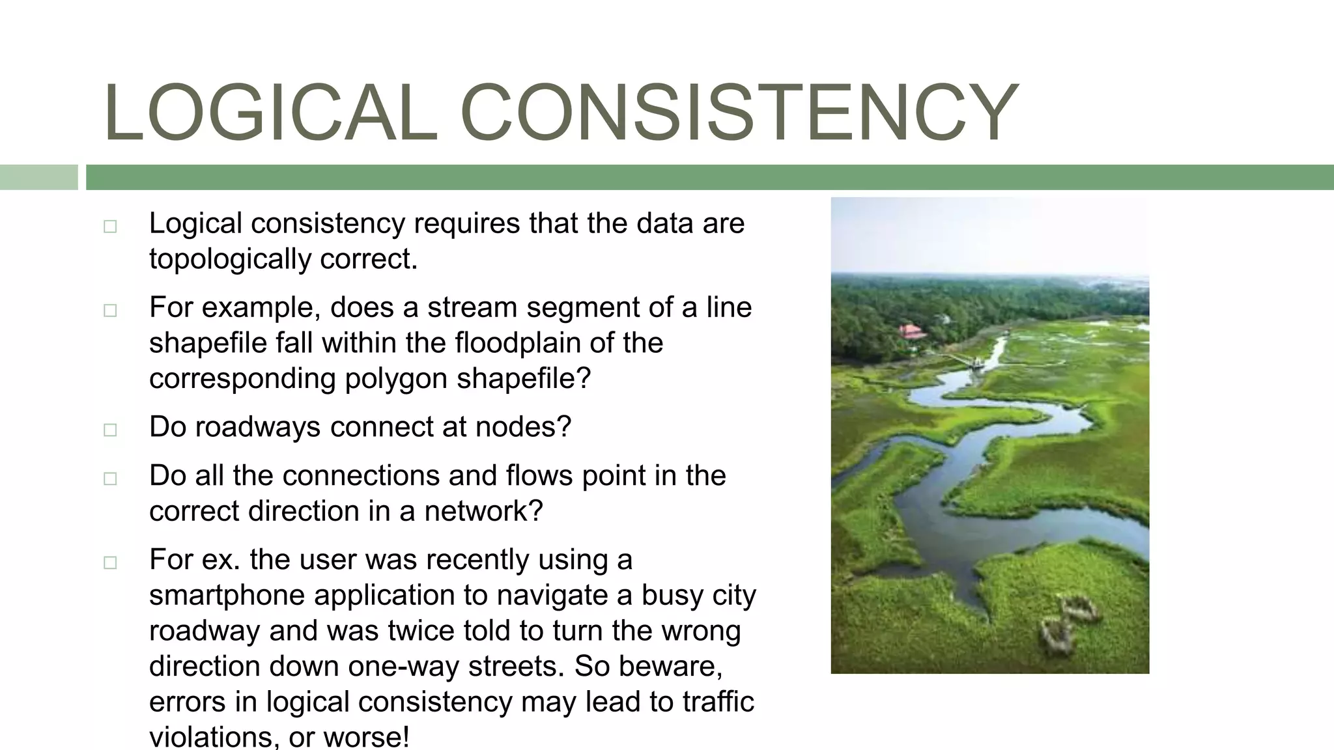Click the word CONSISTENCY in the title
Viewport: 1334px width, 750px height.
pyautogui.click(x=739, y=112)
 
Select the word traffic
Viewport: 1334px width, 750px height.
pyautogui.click(x=718, y=702)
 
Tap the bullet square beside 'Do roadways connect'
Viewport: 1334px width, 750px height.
pyautogui.click(x=110, y=430)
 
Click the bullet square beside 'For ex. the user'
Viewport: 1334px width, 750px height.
pyautogui.click(x=110, y=562)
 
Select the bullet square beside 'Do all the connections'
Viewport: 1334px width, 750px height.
pyautogui.click(x=110, y=479)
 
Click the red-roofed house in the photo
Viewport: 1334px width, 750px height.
pyautogui.click(x=912, y=331)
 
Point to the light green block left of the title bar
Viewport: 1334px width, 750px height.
pyautogui.click(x=38, y=177)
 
